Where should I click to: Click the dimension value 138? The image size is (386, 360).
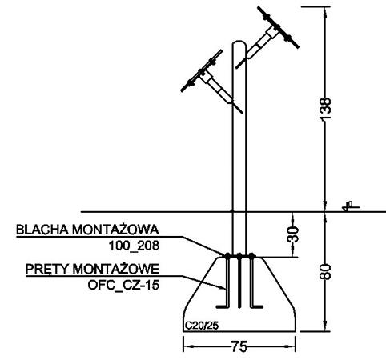click(325, 109)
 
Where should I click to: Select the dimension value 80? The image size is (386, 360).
click(325, 272)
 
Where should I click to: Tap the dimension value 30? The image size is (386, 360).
click(292, 234)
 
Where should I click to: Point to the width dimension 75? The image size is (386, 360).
click(239, 347)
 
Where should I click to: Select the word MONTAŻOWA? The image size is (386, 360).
click(116, 230)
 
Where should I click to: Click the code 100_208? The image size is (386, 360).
click(134, 246)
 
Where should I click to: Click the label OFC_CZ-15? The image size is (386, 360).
click(123, 286)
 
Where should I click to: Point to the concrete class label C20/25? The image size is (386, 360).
click(202, 326)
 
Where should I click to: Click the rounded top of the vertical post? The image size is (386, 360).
click(239, 42)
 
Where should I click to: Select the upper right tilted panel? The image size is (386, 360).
click(278, 27)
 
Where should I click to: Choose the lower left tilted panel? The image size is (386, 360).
click(202, 71)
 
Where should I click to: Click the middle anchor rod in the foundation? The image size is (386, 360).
click(239, 281)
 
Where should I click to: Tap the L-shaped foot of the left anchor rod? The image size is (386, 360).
click(223, 307)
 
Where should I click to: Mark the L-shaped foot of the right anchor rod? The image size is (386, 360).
click(256, 307)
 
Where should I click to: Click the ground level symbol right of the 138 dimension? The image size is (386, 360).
click(350, 206)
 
